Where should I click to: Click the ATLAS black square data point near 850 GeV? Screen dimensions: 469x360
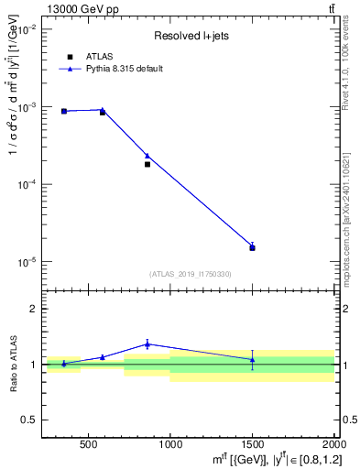click(x=147, y=164)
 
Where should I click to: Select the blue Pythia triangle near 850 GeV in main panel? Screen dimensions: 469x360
click(x=147, y=156)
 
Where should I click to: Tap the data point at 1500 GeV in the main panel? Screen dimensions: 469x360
click(x=253, y=247)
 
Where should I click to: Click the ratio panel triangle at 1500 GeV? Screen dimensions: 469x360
click(x=253, y=359)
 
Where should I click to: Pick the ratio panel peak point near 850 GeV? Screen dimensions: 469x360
click(x=147, y=344)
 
